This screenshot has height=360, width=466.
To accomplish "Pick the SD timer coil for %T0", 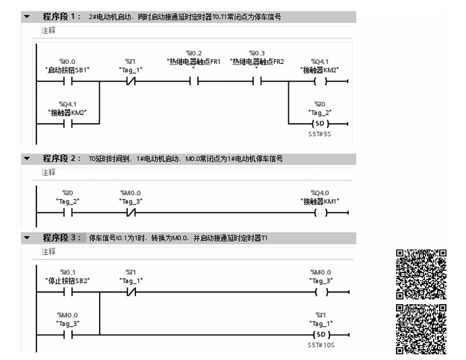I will (x=321, y=124).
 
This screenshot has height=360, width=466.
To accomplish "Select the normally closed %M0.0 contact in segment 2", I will (x=130, y=213).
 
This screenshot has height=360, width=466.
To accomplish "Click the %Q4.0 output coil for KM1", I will (x=321, y=213).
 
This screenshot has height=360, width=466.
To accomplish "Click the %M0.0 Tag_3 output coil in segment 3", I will (x=321, y=292).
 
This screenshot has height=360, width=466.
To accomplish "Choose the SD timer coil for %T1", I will (x=321, y=334).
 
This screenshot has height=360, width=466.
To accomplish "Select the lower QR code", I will (x=421, y=329).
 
